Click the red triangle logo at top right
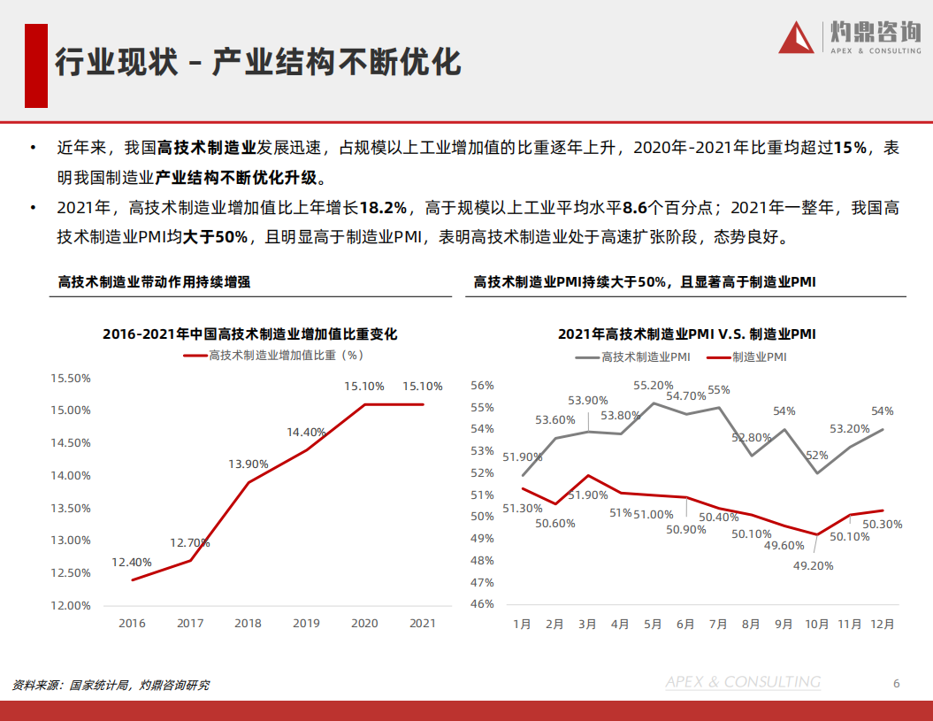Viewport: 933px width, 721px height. click(x=797, y=37)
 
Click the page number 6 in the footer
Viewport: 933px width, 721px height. click(x=896, y=683)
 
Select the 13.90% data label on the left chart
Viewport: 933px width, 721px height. click(x=249, y=464)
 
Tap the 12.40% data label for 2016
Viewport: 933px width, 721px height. click(x=132, y=562)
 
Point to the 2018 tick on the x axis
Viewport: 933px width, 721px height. click(x=249, y=623)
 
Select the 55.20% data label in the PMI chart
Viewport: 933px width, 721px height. click(x=654, y=386)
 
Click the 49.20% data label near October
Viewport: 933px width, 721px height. click(x=813, y=565)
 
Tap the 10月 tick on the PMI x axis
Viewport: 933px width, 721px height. click(x=816, y=623)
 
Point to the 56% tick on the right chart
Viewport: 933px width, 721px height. click(x=482, y=386)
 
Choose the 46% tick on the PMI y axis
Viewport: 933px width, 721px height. click(x=482, y=604)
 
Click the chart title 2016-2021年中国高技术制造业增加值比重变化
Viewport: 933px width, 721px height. click(x=250, y=334)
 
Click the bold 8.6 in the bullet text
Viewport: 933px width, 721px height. click(x=634, y=208)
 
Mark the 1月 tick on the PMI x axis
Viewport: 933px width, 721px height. click(x=523, y=623)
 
